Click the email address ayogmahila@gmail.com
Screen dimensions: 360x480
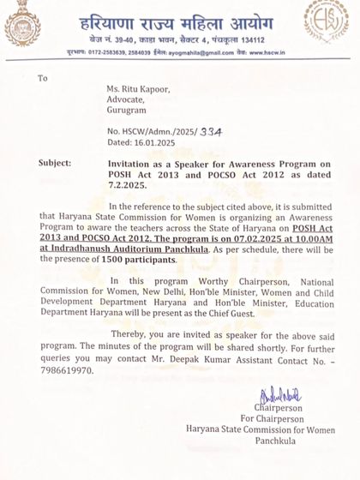pos(189,52)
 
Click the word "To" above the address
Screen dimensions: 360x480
pos(44,78)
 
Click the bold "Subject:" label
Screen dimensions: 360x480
pos(57,161)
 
